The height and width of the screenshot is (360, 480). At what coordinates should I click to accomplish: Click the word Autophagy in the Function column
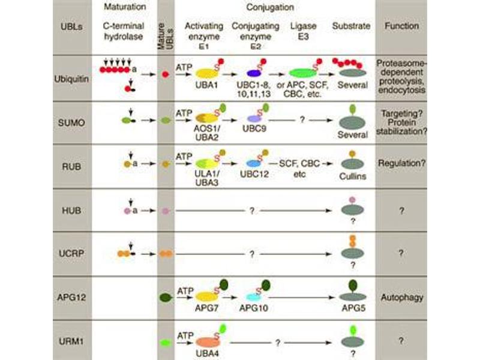tap(403, 297)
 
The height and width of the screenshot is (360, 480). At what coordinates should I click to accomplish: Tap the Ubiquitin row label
tap(74, 79)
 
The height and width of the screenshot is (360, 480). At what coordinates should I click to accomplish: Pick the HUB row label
tap(74, 211)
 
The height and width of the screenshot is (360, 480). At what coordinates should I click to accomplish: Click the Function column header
tap(403, 26)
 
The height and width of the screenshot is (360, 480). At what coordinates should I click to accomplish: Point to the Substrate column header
tap(351, 26)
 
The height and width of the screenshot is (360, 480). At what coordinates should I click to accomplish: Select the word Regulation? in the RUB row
tap(403, 163)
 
